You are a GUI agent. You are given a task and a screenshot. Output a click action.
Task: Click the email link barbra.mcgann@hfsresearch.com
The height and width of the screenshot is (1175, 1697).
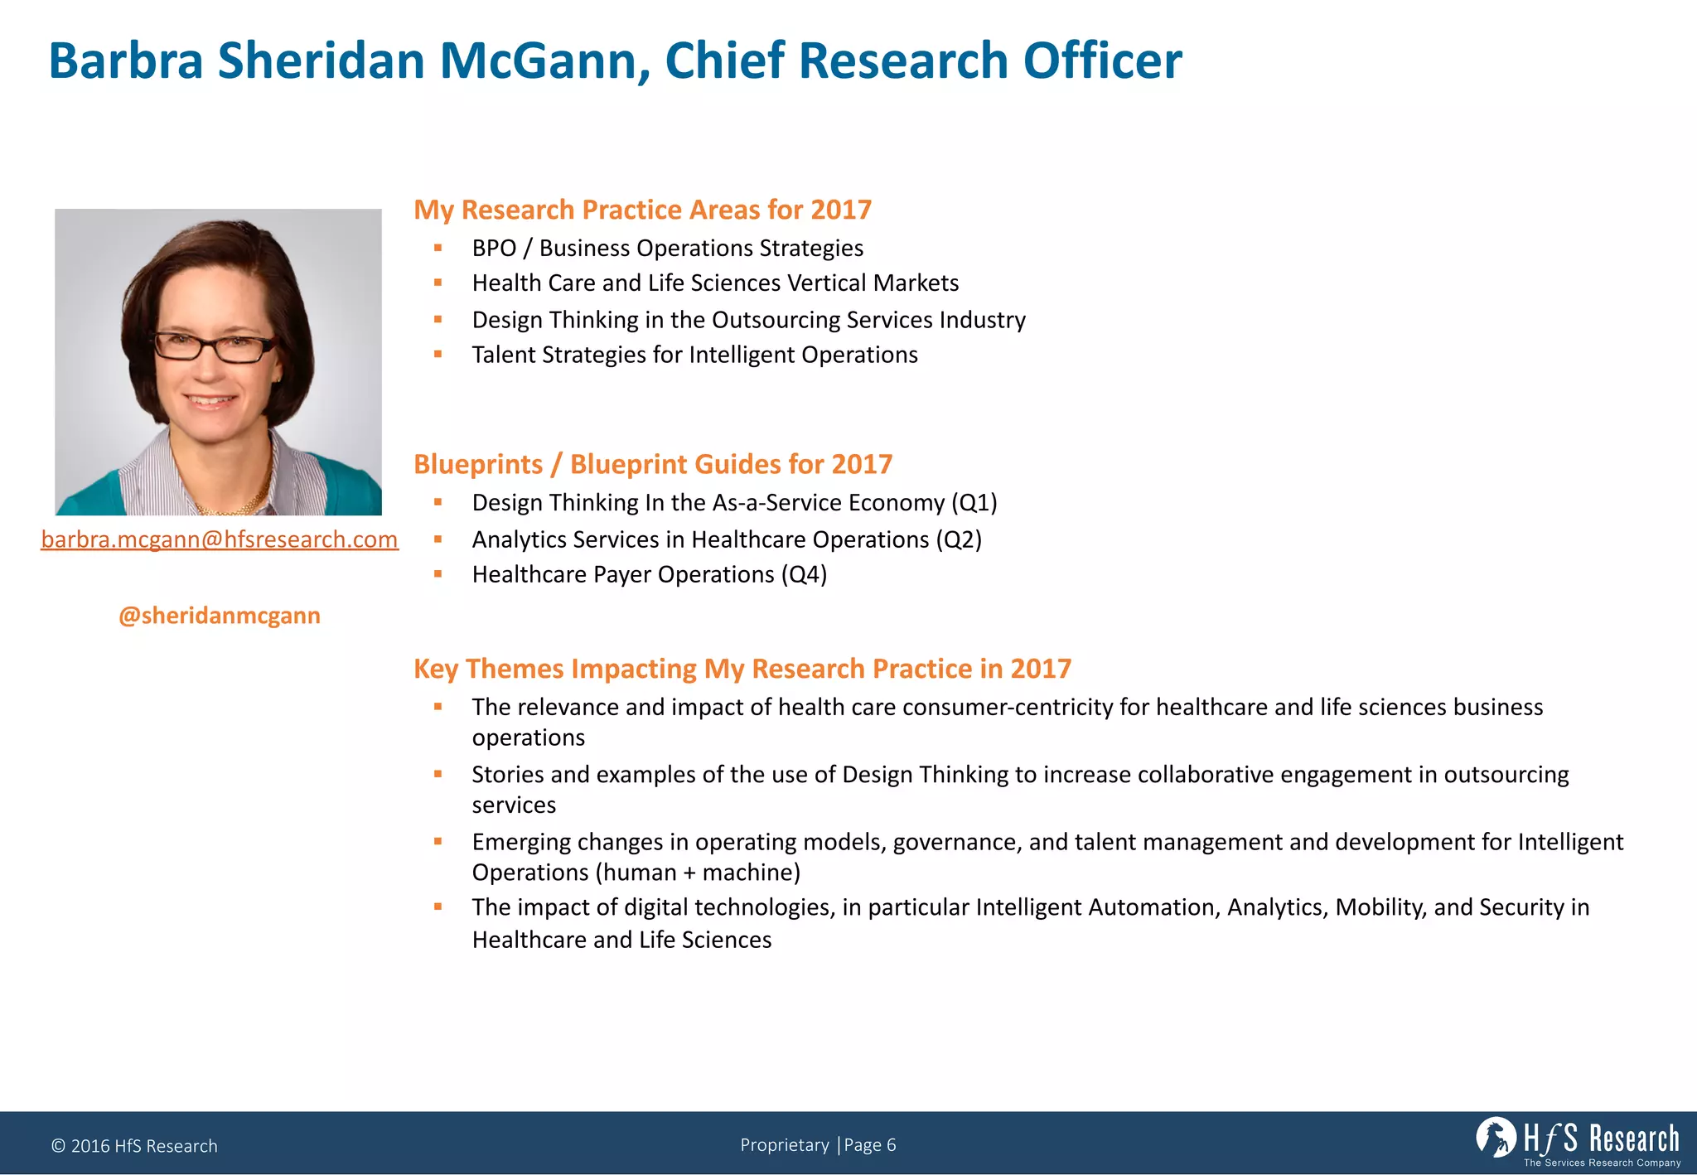point(220,539)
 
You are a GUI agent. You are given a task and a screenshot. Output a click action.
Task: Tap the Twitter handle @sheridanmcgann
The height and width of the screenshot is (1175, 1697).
point(220,616)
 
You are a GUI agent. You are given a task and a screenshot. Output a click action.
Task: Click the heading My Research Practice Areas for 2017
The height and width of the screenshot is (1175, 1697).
point(642,210)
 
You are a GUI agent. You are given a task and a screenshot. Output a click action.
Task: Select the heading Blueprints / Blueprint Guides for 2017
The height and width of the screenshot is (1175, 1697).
point(653,464)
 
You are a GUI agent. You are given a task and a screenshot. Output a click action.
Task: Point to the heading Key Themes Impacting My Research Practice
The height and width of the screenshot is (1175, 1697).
point(742,669)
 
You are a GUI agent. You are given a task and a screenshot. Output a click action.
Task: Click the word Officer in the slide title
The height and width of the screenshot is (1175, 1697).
point(1102,60)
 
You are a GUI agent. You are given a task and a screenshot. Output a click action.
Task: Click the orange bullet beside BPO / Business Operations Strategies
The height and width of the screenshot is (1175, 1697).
point(438,247)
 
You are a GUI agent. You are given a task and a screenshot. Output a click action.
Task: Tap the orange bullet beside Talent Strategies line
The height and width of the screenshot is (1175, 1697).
point(438,354)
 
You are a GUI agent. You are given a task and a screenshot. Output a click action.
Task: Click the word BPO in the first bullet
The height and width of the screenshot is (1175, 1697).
point(494,248)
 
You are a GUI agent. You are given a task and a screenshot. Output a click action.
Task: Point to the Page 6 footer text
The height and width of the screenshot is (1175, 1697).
point(870,1145)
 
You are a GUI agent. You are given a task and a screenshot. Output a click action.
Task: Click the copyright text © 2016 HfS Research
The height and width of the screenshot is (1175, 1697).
point(134,1146)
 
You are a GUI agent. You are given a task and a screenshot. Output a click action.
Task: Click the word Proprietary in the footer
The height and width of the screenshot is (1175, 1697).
point(784,1145)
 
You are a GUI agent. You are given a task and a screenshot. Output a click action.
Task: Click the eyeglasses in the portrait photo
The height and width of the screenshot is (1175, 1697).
point(214,346)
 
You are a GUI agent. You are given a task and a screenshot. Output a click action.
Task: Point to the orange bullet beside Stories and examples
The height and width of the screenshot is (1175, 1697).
point(438,774)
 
